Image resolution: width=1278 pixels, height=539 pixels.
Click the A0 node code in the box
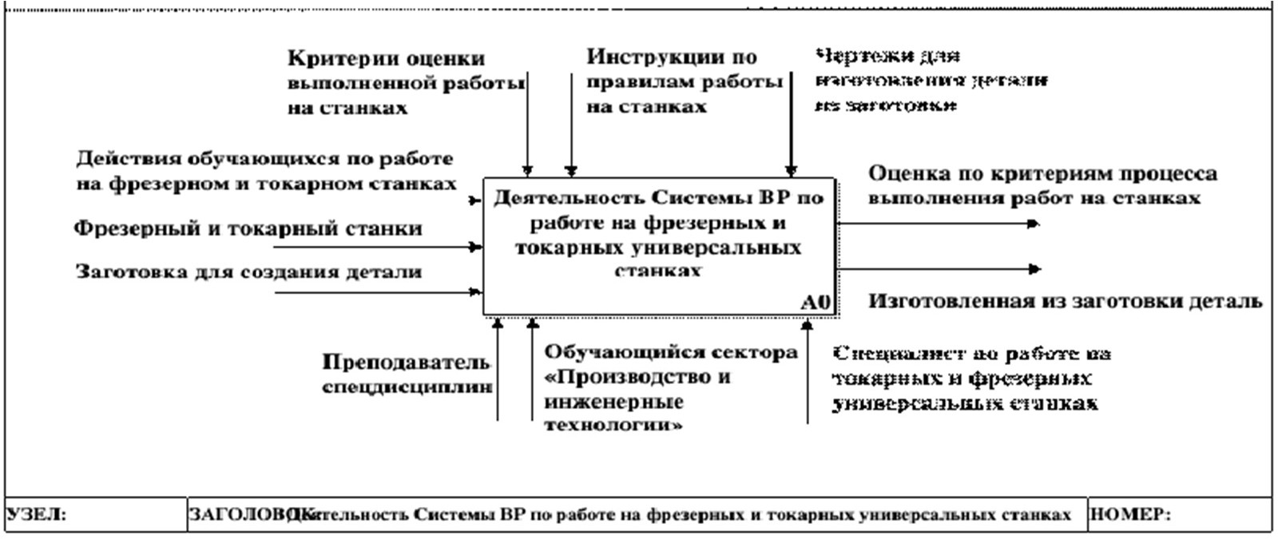[x=816, y=303]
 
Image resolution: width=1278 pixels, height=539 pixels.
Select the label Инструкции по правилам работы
[x=683, y=81]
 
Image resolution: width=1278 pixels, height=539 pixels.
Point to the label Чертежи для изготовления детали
[x=931, y=81]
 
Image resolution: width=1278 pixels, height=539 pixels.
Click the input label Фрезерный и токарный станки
[x=248, y=229]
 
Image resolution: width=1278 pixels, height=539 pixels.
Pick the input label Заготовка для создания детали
[x=248, y=272]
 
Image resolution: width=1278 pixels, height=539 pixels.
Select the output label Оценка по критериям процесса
[x=1042, y=185]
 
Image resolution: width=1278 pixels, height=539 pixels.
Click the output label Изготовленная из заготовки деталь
[x=1065, y=301]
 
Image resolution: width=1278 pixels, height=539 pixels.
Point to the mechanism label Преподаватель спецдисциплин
[x=407, y=375]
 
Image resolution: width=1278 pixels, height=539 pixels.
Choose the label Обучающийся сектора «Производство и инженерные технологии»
[x=670, y=388]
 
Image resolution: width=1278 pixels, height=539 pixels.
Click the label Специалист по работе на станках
[x=970, y=378]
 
